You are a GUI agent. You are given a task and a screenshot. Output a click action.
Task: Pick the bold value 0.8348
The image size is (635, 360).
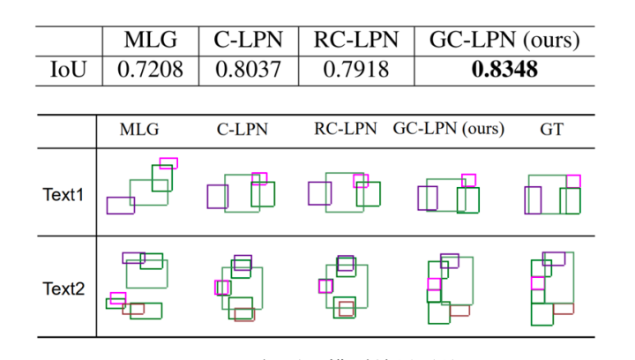pos(504,69)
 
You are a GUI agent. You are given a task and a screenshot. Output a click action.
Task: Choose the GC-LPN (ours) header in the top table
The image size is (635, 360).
pos(504,40)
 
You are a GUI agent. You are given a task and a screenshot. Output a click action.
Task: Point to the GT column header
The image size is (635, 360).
pos(551,130)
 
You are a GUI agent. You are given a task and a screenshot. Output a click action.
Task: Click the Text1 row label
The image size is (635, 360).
pos(63,194)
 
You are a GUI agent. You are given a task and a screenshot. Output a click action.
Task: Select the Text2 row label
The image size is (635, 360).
pos(63,288)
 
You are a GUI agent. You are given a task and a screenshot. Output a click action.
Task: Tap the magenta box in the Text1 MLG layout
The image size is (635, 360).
pos(168,163)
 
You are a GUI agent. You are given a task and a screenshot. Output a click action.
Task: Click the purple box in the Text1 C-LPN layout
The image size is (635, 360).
pos(217,196)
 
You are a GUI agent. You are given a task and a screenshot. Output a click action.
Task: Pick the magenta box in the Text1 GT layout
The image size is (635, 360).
pos(573,181)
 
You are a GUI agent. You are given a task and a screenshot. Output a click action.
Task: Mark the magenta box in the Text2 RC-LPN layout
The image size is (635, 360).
pos(325,286)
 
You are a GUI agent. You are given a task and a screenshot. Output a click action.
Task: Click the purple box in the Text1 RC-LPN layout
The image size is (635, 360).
pos(319,193)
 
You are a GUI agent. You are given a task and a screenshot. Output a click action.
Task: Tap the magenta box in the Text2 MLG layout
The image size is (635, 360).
pos(117,297)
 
